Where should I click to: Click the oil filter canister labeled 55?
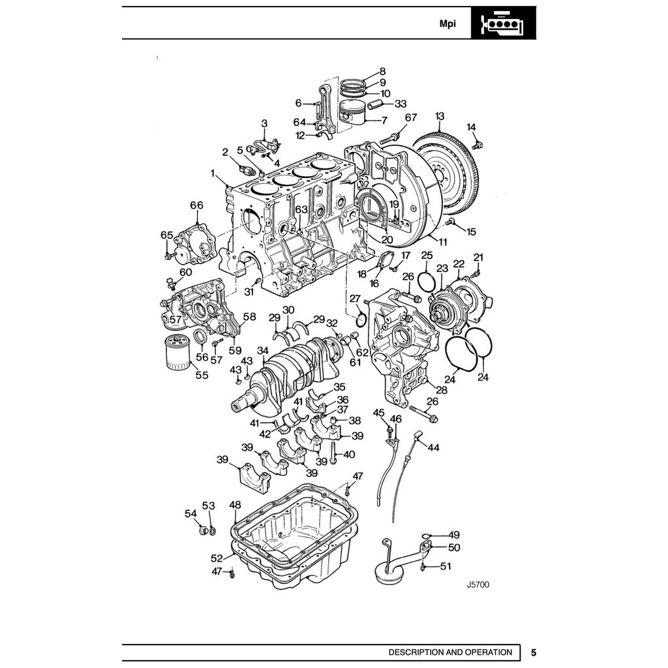(x=174, y=352)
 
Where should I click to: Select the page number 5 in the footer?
(x=533, y=652)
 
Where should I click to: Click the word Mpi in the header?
(x=447, y=23)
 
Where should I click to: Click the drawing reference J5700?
(x=478, y=584)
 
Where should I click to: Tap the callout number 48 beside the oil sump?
(x=235, y=504)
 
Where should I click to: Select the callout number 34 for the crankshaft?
(x=262, y=351)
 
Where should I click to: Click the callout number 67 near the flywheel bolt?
(x=410, y=117)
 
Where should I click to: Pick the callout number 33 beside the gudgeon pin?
(x=400, y=104)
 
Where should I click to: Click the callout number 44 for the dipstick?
(x=433, y=448)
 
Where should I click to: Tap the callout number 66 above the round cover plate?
(x=196, y=205)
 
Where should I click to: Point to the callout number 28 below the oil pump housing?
(x=442, y=390)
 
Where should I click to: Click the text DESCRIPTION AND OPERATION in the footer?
(x=450, y=652)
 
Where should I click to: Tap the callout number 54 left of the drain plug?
(x=190, y=513)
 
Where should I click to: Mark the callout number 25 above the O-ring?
(x=426, y=254)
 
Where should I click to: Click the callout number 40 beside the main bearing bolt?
(x=349, y=454)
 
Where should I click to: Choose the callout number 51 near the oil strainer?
(x=446, y=566)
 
